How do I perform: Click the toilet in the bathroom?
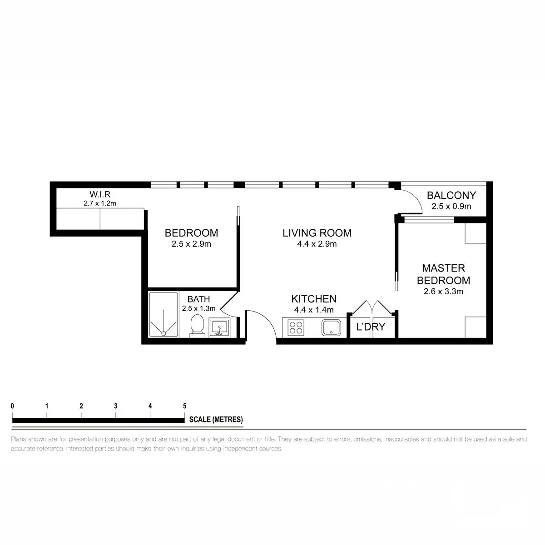coord(197,326)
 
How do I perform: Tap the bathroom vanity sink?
coord(220,327)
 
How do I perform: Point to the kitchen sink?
coord(332,327)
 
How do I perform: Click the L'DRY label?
coord(371,327)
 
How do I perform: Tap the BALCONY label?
coord(451,195)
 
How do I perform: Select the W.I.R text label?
coord(100,195)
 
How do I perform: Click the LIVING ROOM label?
coord(317,233)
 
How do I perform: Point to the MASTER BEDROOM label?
coord(443,274)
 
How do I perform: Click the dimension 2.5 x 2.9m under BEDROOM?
coord(191,244)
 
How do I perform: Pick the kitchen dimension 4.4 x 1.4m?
coord(314,310)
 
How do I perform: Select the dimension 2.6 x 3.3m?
coord(443,292)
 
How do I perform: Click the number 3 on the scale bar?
coord(116,406)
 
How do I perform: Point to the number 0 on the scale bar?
coord(13,406)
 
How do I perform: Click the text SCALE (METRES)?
coord(216,420)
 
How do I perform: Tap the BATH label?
coord(198,299)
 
